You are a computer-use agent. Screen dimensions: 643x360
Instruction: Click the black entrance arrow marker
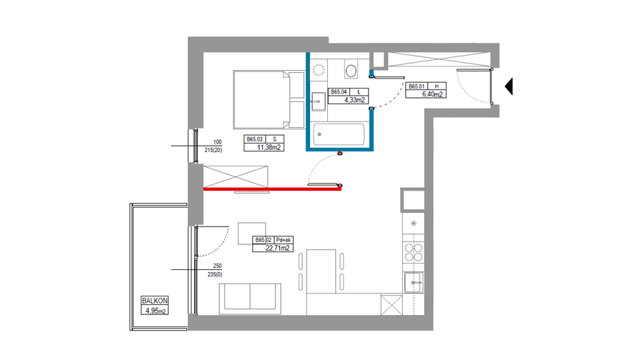(509, 86)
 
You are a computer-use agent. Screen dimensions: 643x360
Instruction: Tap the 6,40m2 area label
(432, 94)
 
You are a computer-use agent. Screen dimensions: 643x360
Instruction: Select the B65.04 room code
(339, 92)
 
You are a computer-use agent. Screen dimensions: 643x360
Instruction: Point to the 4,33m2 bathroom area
(354, 100)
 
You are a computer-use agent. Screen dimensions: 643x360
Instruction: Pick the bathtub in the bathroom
(339, 134)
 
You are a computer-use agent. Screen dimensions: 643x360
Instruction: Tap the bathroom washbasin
(318, 101)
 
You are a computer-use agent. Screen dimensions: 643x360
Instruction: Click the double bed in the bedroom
(269, 99)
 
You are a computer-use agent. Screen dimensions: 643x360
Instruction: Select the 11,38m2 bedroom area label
(269, 148)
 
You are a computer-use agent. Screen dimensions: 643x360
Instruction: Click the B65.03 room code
(254, 139)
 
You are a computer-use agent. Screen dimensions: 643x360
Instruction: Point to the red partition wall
(272, 189)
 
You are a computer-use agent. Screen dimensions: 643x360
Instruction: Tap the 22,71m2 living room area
(278, 248)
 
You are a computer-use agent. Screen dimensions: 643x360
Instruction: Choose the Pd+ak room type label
(284, 240)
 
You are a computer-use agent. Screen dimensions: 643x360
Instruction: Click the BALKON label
(154, 301)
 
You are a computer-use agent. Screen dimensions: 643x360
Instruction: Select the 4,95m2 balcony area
(156, 311)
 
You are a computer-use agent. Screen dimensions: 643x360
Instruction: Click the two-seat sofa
(250, 299)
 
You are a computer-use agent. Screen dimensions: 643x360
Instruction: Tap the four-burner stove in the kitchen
(414, 252)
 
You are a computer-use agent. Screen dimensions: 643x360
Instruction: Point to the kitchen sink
(414, 283)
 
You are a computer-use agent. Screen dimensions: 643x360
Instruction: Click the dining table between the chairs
(321, 271)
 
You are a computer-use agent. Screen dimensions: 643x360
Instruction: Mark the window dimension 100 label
(217, 142)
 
